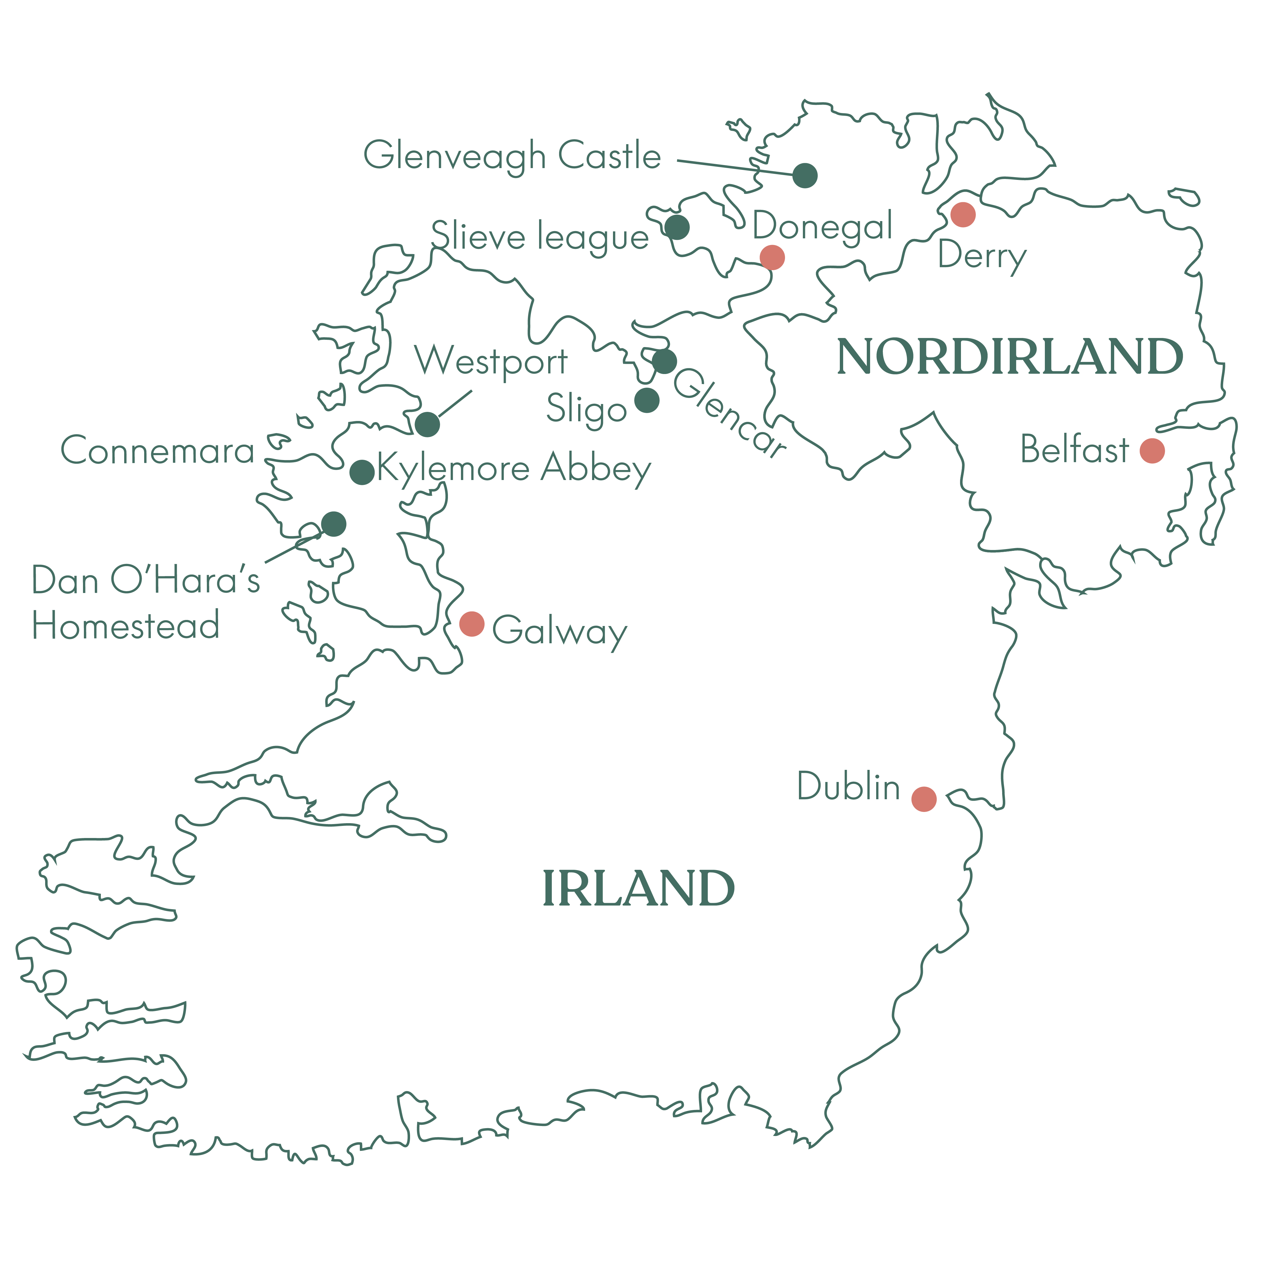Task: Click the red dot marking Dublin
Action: (924, 799)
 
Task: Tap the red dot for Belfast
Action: (1152, 451)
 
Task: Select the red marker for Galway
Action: (472, 624)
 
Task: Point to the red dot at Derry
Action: (963, 214)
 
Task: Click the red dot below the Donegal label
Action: (772, 257)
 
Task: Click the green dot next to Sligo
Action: (647, 400)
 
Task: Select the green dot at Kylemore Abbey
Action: (362, 472)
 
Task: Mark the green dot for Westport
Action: (427, 424)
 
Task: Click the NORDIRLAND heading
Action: (1010, 357)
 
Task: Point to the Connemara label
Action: (157, 451)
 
